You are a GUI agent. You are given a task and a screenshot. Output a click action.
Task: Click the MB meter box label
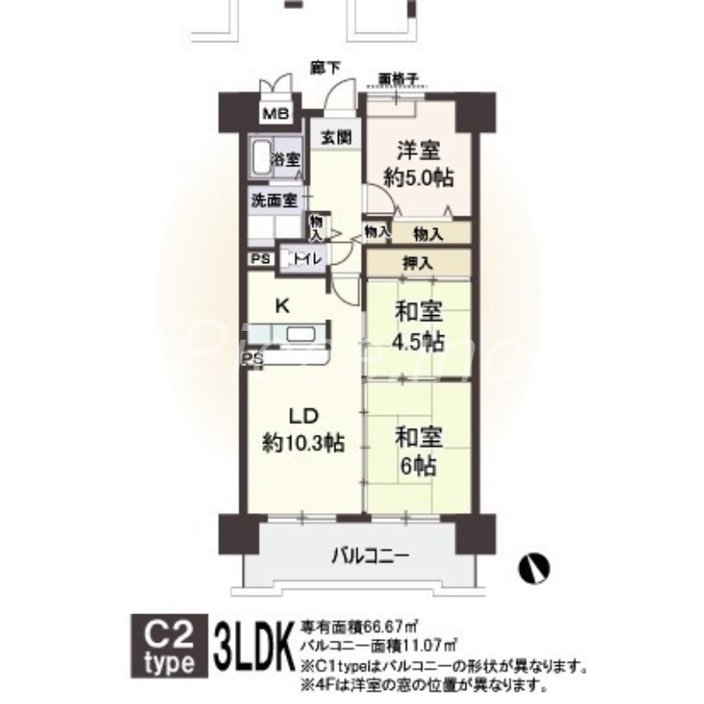278,113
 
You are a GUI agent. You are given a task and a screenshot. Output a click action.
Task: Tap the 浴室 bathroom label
286,160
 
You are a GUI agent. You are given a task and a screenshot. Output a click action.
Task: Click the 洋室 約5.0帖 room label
418,164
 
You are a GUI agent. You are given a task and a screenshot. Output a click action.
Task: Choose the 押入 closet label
418,262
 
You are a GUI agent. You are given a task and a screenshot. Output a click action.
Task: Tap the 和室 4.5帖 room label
418,327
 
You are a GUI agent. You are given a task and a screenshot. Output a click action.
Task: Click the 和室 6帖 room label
418,451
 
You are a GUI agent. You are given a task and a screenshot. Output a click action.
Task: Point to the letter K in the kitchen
282,306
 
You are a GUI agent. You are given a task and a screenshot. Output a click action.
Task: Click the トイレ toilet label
305,259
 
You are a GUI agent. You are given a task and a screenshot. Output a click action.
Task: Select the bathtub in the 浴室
259,157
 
